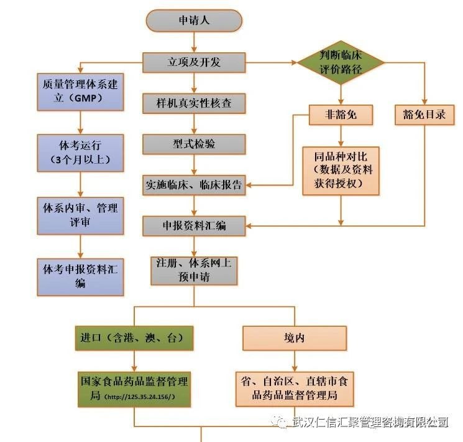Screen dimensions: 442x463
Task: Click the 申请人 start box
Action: pos(194,20)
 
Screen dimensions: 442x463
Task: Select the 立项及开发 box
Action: pos(194,62)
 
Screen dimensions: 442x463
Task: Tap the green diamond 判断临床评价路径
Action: pos(341,62)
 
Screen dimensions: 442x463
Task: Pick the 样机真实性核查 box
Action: pos(194,103)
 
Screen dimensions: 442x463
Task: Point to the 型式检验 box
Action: pos(194,144)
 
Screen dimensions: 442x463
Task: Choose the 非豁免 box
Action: pos(341,115)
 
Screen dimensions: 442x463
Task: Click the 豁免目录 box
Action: pos(425,115)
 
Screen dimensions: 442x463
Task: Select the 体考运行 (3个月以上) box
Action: pos(81,153)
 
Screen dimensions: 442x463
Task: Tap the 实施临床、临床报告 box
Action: pos(194,184)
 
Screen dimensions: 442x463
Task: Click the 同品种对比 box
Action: pos(341,170)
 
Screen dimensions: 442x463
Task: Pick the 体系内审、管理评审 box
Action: pos(81,215)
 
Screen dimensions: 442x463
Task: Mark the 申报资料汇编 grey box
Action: pos(194,225)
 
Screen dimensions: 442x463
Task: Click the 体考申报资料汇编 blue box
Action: pos(81,276)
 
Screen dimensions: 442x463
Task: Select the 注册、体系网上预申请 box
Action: pos(194,270)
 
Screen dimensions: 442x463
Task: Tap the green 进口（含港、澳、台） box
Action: pos(133,338)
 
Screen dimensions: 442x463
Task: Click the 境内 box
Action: pos(295,338)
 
